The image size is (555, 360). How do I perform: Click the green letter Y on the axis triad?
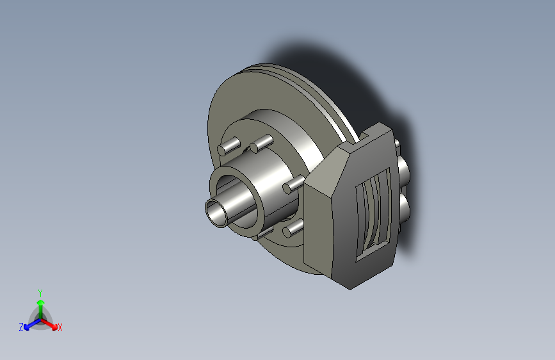(40, 293)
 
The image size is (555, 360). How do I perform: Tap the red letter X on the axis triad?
(60, 327)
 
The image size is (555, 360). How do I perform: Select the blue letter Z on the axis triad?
(21, 327)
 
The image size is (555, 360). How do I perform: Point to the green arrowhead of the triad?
(41, 302)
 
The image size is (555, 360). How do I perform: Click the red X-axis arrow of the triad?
(49, 324)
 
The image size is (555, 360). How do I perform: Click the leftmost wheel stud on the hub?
(229, 146)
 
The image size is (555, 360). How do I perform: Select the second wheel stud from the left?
(261, 143)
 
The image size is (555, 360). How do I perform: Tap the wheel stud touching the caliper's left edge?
(293, 184)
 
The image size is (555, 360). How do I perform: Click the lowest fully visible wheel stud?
(293, 229)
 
